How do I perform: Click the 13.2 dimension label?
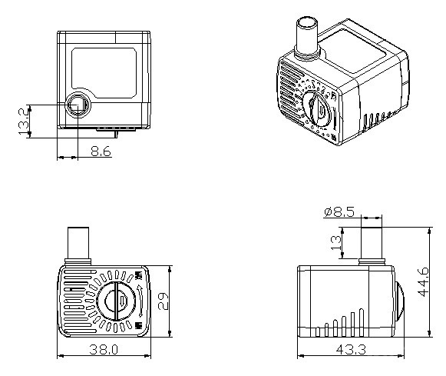tap(24, 120)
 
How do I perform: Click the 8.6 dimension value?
tap(101, 151)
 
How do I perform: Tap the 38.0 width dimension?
tap(104, 350)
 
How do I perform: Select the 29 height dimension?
tap(164, 301)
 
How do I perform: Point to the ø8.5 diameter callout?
tap(339, 212)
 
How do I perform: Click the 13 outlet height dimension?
tap(336, 243)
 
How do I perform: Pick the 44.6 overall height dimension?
tap(423, 282)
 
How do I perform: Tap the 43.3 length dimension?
tap(351, 350)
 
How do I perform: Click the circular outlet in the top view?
tap(78, 105)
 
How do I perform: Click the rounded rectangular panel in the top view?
tap(104, 73)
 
